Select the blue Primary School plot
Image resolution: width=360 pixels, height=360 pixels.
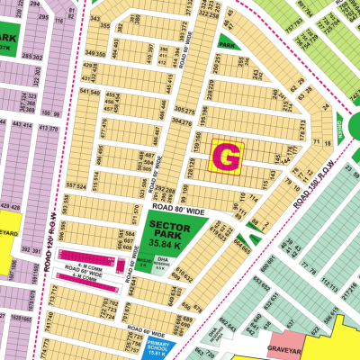pos(164,346)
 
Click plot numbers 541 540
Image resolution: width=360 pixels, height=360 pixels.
pos(89,91)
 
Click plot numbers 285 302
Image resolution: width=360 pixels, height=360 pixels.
pos(32,57)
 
